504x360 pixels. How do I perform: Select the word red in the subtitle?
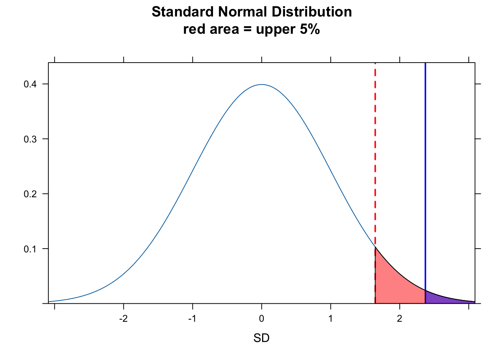(192, 29)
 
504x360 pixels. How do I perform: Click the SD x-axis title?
(261, 339)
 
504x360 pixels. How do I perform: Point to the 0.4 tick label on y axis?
(30, 84)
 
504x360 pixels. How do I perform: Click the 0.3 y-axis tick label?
(30, 139)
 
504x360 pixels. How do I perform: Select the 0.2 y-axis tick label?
(30, 194)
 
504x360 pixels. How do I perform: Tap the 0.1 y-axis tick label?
(30, 249)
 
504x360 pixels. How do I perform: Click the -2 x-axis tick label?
(123, 319)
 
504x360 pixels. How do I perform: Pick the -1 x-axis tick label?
(192, 319)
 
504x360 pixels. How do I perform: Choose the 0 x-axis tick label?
(261, 319)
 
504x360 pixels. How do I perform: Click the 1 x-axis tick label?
(330, 319)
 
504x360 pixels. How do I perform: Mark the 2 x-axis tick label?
(399, 319)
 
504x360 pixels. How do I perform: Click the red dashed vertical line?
(375, 150)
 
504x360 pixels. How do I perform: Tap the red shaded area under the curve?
(394, 289)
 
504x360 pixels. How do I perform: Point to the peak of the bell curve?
(261, 85)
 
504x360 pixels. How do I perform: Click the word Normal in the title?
(241, 12)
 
